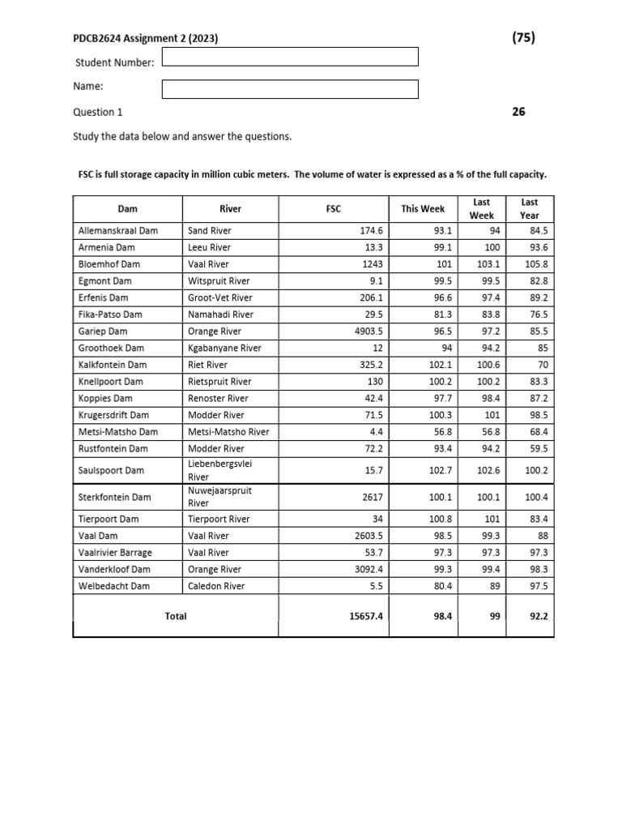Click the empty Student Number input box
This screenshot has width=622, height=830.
pyautogui.click(x=290, y=56)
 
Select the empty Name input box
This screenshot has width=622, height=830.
pyautogui.click(x=290, y=88)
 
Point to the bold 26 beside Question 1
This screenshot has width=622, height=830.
pyautogui.click(x=518, y=112)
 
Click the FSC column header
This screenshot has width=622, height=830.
pyautogui.click(x=333, y=208)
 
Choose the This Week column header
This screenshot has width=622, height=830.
pyautogui.click(x=422, y=208)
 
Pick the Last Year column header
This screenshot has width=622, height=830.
pyautogui.click(x=529, y=208)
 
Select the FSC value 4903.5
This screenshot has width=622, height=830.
pyautogui.click(x=366, y=332)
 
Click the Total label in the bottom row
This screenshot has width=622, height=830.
pyautogui.click(x=176, y=616)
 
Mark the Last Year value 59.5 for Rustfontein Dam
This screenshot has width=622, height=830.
pyautogui.click(x=536, y=448)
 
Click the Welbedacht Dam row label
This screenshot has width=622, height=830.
pyautogui.click(x=114, y=586)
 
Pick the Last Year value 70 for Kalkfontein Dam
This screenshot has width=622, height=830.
pyautogui.click(x=542, y=365)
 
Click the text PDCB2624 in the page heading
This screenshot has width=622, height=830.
pyautogui.click(x=96, y=37)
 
